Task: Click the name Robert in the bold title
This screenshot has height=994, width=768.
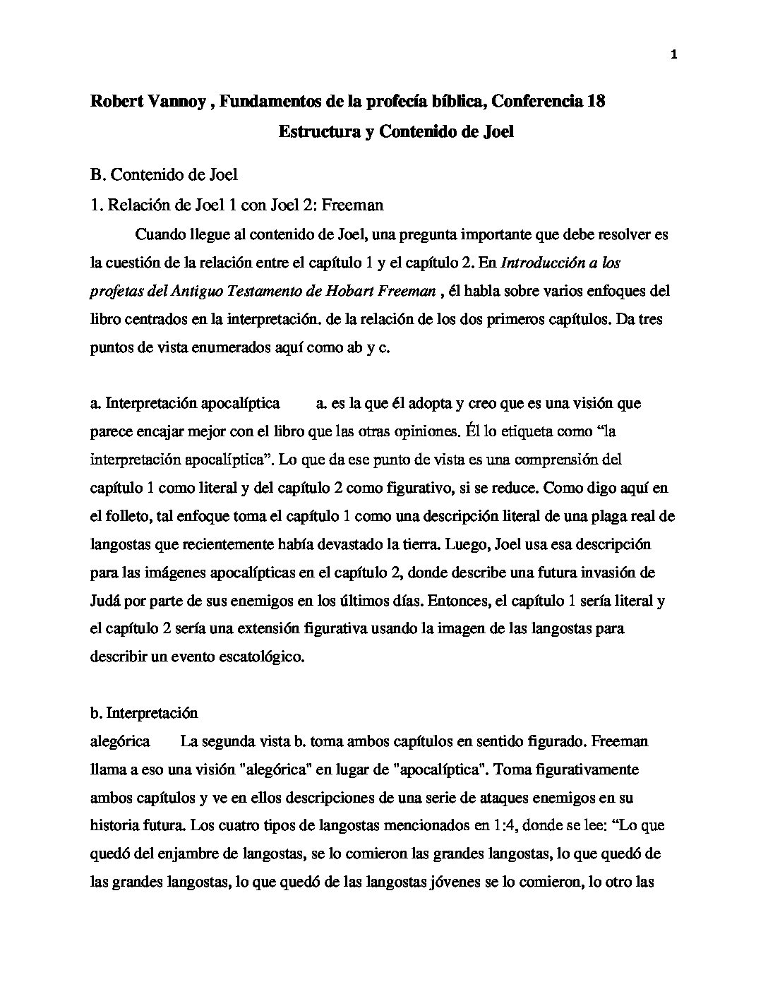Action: pyautogui.click(x=117, y=102)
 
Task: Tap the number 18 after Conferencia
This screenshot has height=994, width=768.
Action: pyautogui.click(x=596, y=102)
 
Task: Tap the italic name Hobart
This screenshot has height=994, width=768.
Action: pyautogui.click(x=348, y=291)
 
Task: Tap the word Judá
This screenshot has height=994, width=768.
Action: pyautogui.click(x=105, y=601)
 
